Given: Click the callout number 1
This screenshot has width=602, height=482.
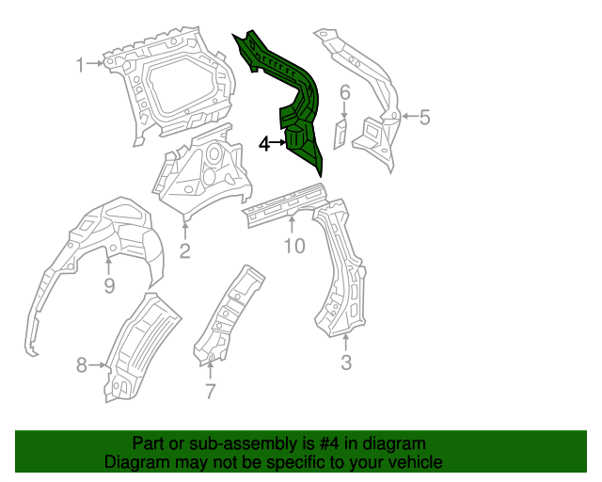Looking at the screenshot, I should point(81,64).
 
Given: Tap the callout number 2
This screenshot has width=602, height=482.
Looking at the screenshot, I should point(185,250).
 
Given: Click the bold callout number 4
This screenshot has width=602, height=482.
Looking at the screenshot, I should point(264,144).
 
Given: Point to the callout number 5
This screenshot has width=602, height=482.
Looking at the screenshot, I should point(424,118).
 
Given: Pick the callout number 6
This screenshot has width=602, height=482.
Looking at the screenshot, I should point(344,92).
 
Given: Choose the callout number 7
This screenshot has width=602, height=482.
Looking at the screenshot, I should point(210,392).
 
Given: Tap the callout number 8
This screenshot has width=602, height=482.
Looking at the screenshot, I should point(81,364).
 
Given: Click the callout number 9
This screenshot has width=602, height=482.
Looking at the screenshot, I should point(109,286).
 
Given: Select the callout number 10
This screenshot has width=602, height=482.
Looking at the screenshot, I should point(294,247).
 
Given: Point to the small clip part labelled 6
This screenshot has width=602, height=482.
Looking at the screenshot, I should point(341,132).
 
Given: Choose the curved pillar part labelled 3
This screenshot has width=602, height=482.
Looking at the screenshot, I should point(339,273).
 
